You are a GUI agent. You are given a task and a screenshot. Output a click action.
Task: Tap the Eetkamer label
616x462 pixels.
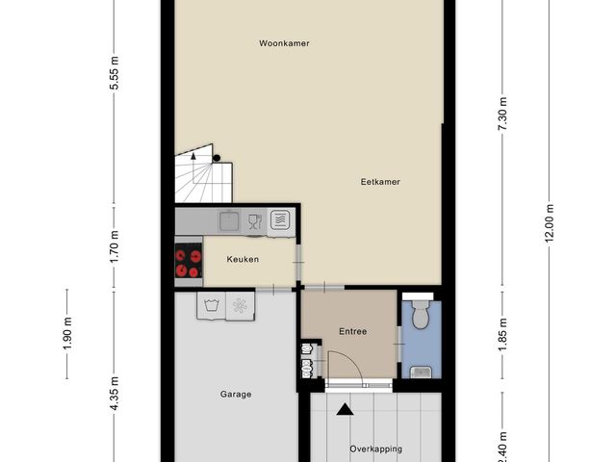[x=380, y=181]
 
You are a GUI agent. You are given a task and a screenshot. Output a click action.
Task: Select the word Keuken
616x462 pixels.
[x=243, y=259]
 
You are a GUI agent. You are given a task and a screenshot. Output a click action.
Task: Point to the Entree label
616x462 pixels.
[x=352, y=331]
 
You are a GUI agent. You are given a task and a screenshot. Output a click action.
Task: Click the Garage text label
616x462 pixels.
[x=236, y=394]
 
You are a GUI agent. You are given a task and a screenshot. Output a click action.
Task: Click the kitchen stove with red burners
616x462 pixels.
[x=189, y=263]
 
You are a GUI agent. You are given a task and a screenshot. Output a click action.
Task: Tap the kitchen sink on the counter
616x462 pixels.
[x=229, y=221]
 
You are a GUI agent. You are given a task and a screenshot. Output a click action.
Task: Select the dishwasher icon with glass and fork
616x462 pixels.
[x=254, y=221]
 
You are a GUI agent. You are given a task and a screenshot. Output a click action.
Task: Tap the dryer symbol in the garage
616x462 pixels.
[x=239, y=306]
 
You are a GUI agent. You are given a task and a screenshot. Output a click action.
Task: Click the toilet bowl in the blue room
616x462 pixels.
[x=419, y=314]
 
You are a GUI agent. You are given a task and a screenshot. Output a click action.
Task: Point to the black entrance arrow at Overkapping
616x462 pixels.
[x=345, y=410]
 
